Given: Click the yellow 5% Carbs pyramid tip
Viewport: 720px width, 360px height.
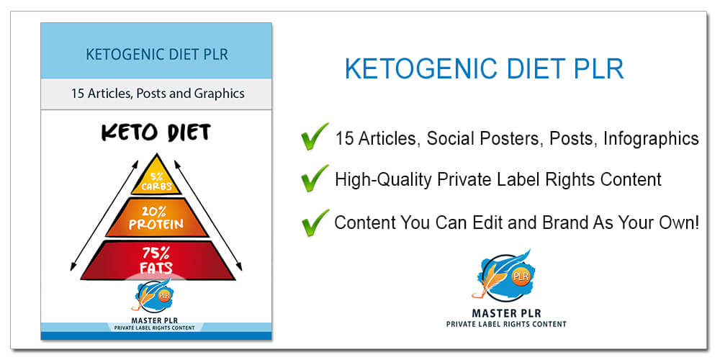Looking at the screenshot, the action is (x=156, y=177).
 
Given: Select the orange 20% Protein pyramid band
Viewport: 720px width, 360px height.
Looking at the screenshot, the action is (x=156, y=219).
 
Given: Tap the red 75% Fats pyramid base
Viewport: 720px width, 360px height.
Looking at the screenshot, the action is (x=158, y=261).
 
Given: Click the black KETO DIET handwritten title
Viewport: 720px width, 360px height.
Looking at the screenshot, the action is (x=156, y=132).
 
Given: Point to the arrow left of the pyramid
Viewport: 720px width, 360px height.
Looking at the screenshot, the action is (x=104, y=215).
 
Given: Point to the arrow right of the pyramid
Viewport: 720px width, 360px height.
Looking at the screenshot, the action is (x=208, y=215).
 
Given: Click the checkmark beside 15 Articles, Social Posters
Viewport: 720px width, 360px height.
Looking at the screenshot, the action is (x=315, y=136).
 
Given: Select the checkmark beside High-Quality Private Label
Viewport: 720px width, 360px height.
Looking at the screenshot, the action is (x=315, y=178).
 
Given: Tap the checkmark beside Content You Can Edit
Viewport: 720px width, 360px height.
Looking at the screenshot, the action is (x=315, y=222).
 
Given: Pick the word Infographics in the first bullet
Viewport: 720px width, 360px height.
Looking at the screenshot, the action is (x=651, y=138).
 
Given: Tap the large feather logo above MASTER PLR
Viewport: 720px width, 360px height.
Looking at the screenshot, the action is (x=506, y=276).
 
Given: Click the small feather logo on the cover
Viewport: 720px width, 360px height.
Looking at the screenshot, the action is (x=152, y=295).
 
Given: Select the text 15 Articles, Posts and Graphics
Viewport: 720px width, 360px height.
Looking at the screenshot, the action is (x=158, y=94).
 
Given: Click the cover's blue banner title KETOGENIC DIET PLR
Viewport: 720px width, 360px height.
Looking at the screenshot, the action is (x=156, y=55).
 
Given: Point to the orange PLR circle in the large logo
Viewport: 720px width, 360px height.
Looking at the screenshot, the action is (x=521, y=276).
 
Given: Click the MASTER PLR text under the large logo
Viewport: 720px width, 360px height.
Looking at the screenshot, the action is (x=506, y=314).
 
